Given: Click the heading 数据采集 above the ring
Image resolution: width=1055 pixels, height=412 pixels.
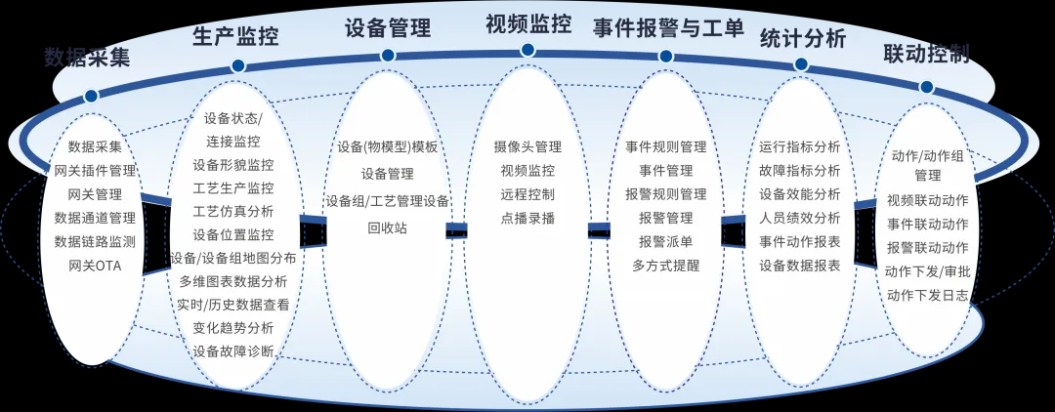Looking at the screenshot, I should click(x=86, y=57).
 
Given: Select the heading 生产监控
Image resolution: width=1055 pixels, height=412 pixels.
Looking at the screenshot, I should click(x=235, y=37).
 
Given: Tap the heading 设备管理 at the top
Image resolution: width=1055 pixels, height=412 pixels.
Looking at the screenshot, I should click(x=388, y=26).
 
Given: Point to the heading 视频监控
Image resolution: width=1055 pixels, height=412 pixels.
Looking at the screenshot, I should click(x=528, y=24).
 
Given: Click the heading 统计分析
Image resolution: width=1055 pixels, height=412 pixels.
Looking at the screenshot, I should click(x=802, y=38).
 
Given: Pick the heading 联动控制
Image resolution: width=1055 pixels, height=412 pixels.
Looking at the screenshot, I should click(x=926, y=53).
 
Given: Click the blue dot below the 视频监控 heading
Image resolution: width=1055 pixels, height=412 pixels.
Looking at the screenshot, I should click(x=528, y=51).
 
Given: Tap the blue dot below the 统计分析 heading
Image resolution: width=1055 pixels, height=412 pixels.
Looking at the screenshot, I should click(x=801, y=64).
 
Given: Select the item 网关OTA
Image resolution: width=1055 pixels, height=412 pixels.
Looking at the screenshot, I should click(x=95, y=265).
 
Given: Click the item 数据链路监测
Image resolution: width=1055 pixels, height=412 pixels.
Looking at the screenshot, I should click(x=95, y=241).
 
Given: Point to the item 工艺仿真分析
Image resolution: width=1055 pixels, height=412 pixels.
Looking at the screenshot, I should click(x=233, y=211).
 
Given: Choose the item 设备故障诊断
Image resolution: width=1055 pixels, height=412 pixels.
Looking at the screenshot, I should click(x=233, y=350).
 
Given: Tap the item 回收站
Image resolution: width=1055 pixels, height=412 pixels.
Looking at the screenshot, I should click(x=387, y=228).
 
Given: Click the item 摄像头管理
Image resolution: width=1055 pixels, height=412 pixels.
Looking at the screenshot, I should click(x=527, y=147).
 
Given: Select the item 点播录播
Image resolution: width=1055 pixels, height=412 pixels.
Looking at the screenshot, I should click(x=527, y=218).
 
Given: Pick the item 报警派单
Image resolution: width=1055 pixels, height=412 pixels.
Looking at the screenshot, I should click(x=665, y=241).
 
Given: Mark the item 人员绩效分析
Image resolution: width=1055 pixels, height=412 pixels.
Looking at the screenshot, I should click(x=799, y=218).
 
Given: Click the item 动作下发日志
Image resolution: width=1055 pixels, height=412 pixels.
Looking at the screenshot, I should click(x=927, y=295).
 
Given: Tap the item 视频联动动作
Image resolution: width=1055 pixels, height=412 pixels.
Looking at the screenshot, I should click(x=927, y=201).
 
